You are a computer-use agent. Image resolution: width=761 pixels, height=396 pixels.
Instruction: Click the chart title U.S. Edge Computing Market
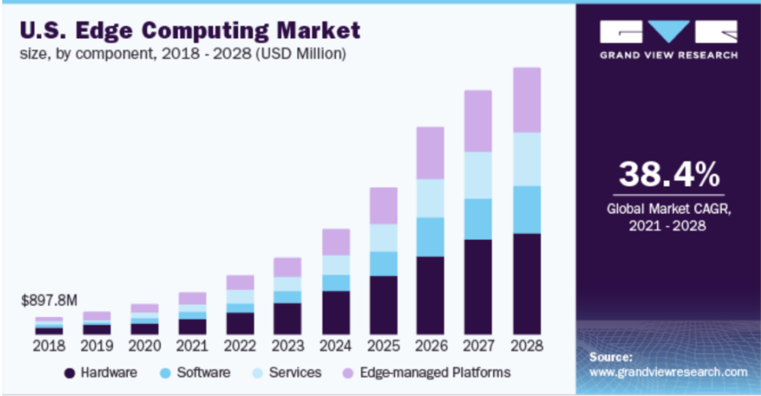tap(190, 30)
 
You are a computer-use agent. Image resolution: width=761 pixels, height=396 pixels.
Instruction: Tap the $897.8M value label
tap(49, 301)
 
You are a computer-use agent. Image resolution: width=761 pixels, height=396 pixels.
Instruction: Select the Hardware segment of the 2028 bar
tap(526, 284)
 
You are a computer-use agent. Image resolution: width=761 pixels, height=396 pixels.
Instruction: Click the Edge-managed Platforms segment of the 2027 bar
tap(478, 121)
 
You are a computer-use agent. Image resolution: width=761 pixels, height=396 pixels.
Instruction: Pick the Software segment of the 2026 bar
tap(430, 237)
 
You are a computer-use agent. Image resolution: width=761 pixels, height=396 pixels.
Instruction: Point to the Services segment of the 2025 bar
tap(383, 238)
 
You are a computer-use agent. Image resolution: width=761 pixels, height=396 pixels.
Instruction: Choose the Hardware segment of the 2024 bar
tap(336, 312)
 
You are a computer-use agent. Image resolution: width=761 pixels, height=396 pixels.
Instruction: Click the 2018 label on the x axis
tap(49, 346)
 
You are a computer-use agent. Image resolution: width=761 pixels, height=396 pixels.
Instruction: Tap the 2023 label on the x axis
tap(288, 346)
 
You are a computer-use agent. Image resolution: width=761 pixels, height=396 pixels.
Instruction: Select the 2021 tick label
tap(192, 346)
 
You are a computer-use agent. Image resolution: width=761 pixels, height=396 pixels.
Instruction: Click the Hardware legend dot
tap(70, 373)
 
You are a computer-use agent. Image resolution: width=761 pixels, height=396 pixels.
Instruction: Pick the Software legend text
tap(204, 372)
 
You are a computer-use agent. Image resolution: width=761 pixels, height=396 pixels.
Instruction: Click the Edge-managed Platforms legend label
tap(435, 372)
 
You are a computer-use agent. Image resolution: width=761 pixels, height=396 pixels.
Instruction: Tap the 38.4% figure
tap(668, 174)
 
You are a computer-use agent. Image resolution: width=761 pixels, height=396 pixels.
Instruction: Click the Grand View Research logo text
tap(668, 55)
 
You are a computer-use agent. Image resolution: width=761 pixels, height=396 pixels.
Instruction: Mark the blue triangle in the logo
tap(668, 31)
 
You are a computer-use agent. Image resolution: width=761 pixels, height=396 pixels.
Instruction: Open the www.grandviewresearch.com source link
tap(668, 372)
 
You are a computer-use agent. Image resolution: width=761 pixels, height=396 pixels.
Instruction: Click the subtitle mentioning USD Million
tap(182, 54)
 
